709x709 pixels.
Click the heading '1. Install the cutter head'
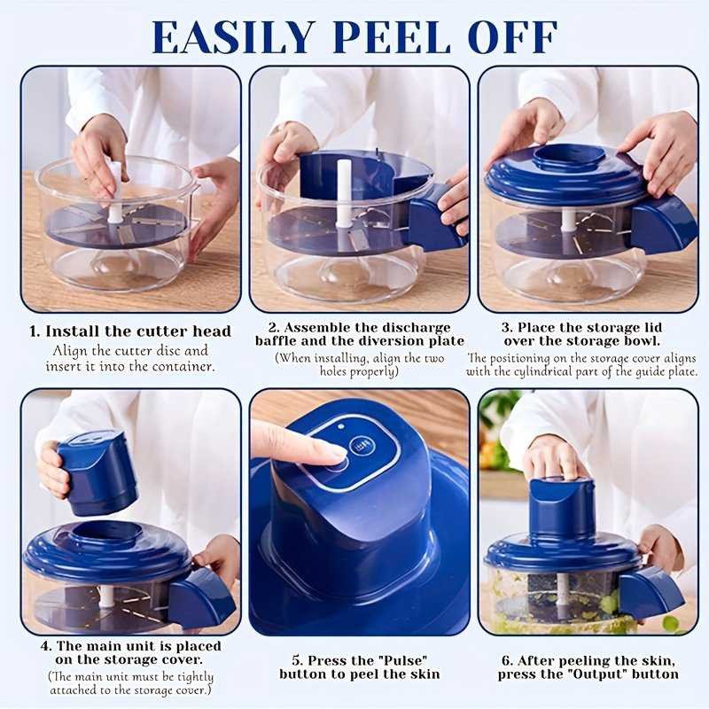[x=130, y=331]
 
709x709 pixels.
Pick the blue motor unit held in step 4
[x=97, y=469]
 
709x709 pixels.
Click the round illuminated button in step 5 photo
[x=361, y=446]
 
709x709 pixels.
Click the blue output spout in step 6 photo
[x=650, y=591]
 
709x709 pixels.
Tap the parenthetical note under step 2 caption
[x=359, y=365]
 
